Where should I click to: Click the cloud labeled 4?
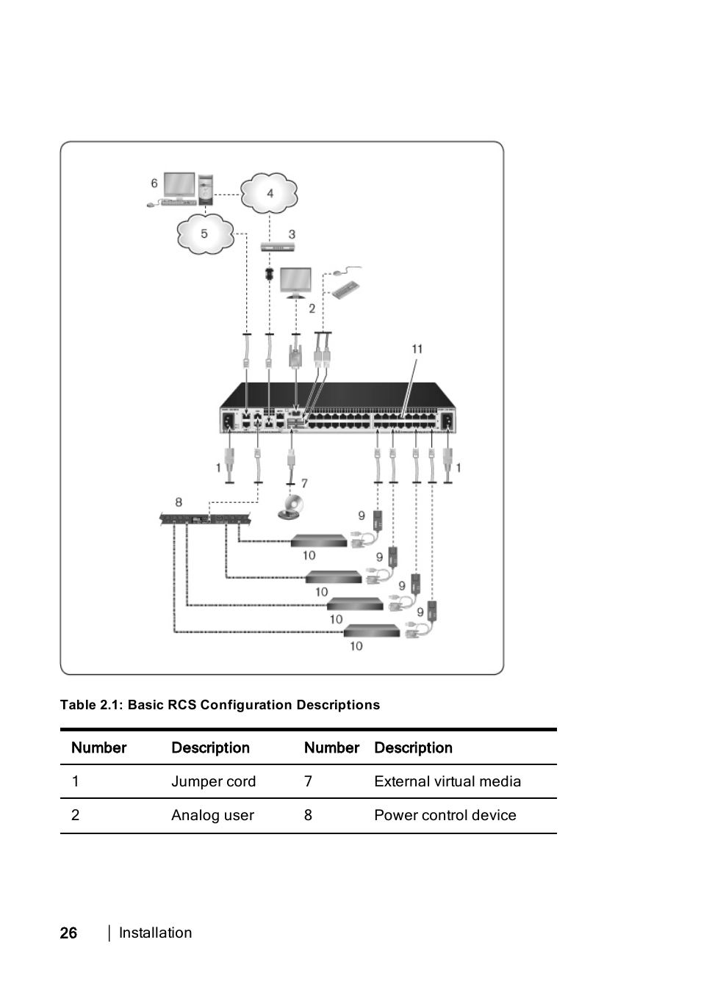[270, 192]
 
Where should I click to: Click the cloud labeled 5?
[204, 233]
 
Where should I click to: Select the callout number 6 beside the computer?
[154, 183]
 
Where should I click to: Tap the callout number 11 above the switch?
[417, 349]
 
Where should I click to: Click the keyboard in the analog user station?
[346, 290]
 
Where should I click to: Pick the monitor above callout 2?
[295, 283]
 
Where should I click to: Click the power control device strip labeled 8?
[205, 519]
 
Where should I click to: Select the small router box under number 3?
[277, 247]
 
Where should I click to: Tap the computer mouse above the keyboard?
[340, 272]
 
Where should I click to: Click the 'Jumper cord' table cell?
[213, 781]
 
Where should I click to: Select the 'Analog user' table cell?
[212, 815]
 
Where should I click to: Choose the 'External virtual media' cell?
[447, 781]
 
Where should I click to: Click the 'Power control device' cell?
[445, 815]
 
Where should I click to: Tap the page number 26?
[68, 933]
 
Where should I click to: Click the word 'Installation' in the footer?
[155, 933]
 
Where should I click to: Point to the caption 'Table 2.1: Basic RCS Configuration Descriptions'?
[220, 705]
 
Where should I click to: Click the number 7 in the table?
[308, 781]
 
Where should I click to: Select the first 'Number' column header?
[98, 747]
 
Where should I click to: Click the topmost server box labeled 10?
[318, 541]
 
